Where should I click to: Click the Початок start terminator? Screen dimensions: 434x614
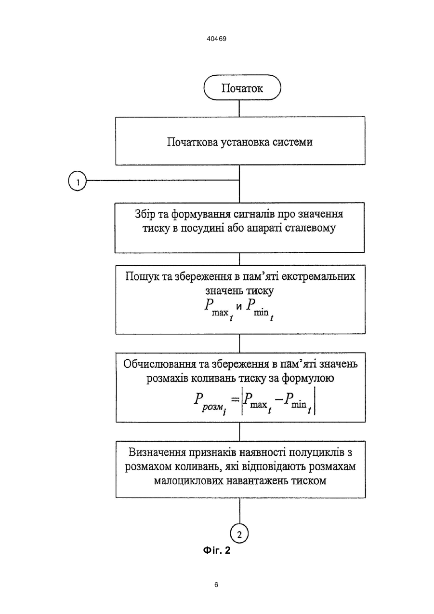pyautogui.click(x=242, y=87)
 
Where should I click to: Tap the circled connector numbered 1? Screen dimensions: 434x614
pyautogui.click(x=77, y=182)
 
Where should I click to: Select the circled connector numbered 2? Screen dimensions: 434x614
pyautogui.click(x=239, y=534)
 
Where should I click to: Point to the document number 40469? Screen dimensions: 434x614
pyautogui.click(x=217, y=39)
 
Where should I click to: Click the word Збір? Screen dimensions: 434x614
pyautogui.click(x=145, y=214)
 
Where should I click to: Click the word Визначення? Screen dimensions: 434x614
pyautogui.click(x=156, y=452)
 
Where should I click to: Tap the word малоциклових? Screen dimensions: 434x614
pyautogui.click(x=189, y=481)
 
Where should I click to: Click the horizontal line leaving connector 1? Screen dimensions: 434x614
pyautogui.click(x=163, y=180)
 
